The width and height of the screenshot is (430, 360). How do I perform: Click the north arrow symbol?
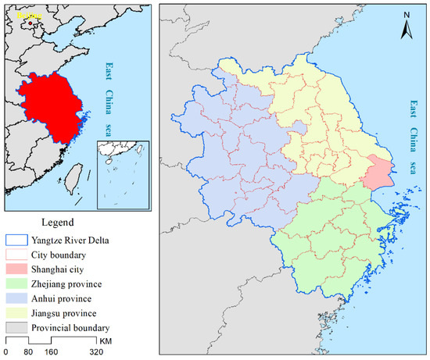tap(407, 27)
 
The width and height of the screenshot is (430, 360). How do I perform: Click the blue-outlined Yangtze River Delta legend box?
tap(15, 241)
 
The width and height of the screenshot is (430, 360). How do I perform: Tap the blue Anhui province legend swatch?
tap(15, 299)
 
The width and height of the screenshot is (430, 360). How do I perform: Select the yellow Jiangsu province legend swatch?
tap(15, 314)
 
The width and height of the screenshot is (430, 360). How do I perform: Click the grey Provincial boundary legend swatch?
tap(15, 329)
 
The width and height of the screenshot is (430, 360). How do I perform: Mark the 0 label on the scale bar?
tap(6, 352)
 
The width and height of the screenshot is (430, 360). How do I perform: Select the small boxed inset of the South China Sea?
tap(123, 176)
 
